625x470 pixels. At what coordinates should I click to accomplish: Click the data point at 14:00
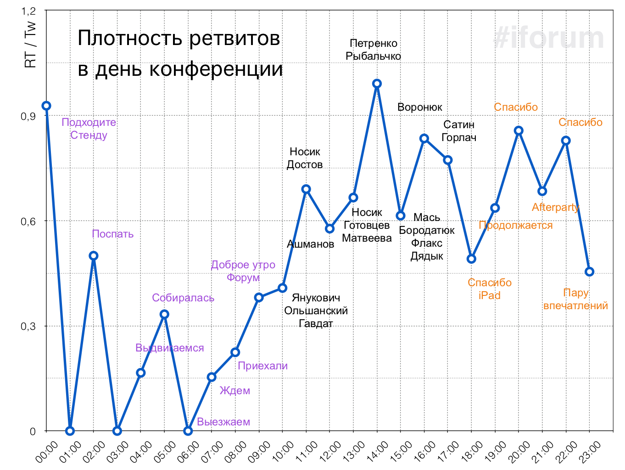pyautogui.click(x=377, y=84)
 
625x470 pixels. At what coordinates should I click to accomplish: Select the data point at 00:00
pyautogui.click(x=46, y=106)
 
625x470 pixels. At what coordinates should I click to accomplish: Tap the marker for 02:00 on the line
pyautogui.click(x=93, y=255)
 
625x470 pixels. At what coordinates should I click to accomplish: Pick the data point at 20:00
pyautogui.click(x=519, y=130)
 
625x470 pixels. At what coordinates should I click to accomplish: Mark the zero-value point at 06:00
pyautogui.click(x=188, y=431)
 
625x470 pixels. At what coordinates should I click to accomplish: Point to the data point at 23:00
pyautogui.click(x=590, y=272)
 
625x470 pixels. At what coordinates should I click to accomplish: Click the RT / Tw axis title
pyautogui.click(x=30, y=45)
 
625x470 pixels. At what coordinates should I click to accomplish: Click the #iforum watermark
pyautogui.click(x=549, y=38)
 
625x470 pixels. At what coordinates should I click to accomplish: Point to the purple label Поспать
pyautogui.click(x=113, y=234)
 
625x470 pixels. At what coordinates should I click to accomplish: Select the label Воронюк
pyautogui.click(x=420, y=107)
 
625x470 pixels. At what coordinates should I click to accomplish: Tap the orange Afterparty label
pyautogui.click(x=555, y=207)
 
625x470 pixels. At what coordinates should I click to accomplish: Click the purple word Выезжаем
pyautogui.click(x=223, y=422)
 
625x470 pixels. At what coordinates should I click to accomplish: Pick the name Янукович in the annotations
pyautogui.click(x=316, y=298)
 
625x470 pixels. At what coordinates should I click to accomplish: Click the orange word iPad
pyautogui.click(x=489, y=295)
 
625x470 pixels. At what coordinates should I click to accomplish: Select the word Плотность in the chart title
pyautogui.click(x=130, y=38)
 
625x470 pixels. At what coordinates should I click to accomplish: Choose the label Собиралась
pyautogui.click(x=183, y=298)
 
